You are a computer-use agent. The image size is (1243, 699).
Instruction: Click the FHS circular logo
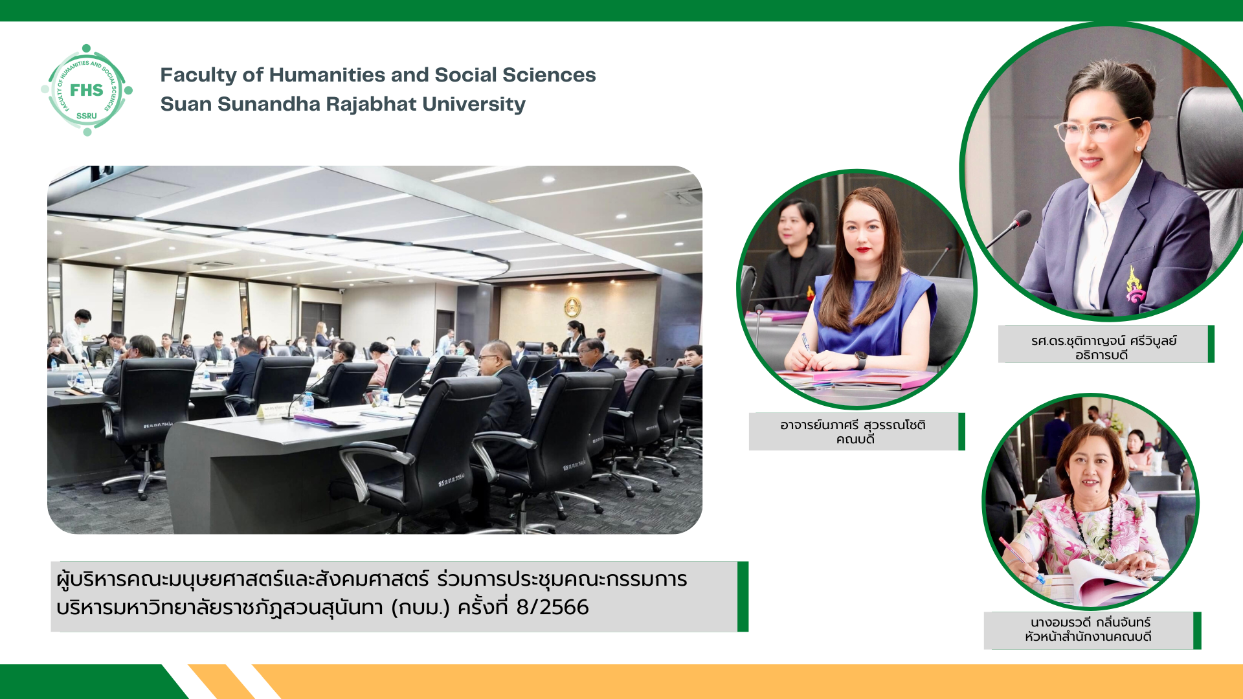point(87,90)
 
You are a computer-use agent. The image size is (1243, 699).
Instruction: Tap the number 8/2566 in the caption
point(552,607)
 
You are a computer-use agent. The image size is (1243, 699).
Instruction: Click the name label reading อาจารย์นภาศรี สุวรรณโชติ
point(853,425)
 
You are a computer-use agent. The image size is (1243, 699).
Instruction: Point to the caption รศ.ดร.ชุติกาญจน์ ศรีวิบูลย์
point(1104,340)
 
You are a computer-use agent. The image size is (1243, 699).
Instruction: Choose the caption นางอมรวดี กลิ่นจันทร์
point(1090,622)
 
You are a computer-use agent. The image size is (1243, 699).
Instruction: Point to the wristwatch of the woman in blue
point(860,360)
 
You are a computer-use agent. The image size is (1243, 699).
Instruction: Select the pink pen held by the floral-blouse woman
point(1020,557)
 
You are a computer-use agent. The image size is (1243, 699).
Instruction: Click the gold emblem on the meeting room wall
point(572,306)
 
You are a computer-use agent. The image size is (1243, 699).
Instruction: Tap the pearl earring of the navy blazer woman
point(1138,149)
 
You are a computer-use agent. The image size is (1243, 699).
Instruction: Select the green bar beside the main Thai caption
point(743,596)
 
